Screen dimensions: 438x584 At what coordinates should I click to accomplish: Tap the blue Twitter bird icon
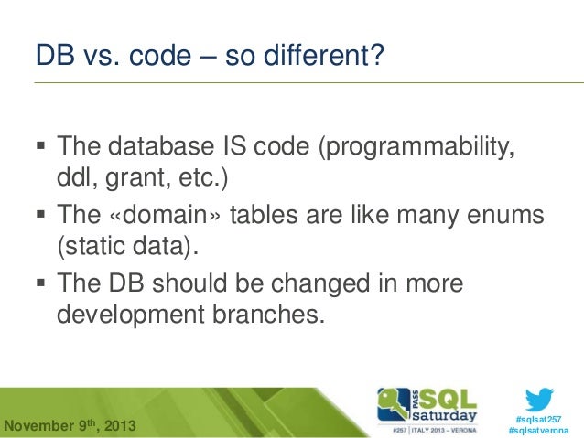pos(540,400)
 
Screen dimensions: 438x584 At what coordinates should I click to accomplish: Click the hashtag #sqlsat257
pos(540,418)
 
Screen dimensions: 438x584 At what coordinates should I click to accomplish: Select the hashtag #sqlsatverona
pos(540,430)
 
